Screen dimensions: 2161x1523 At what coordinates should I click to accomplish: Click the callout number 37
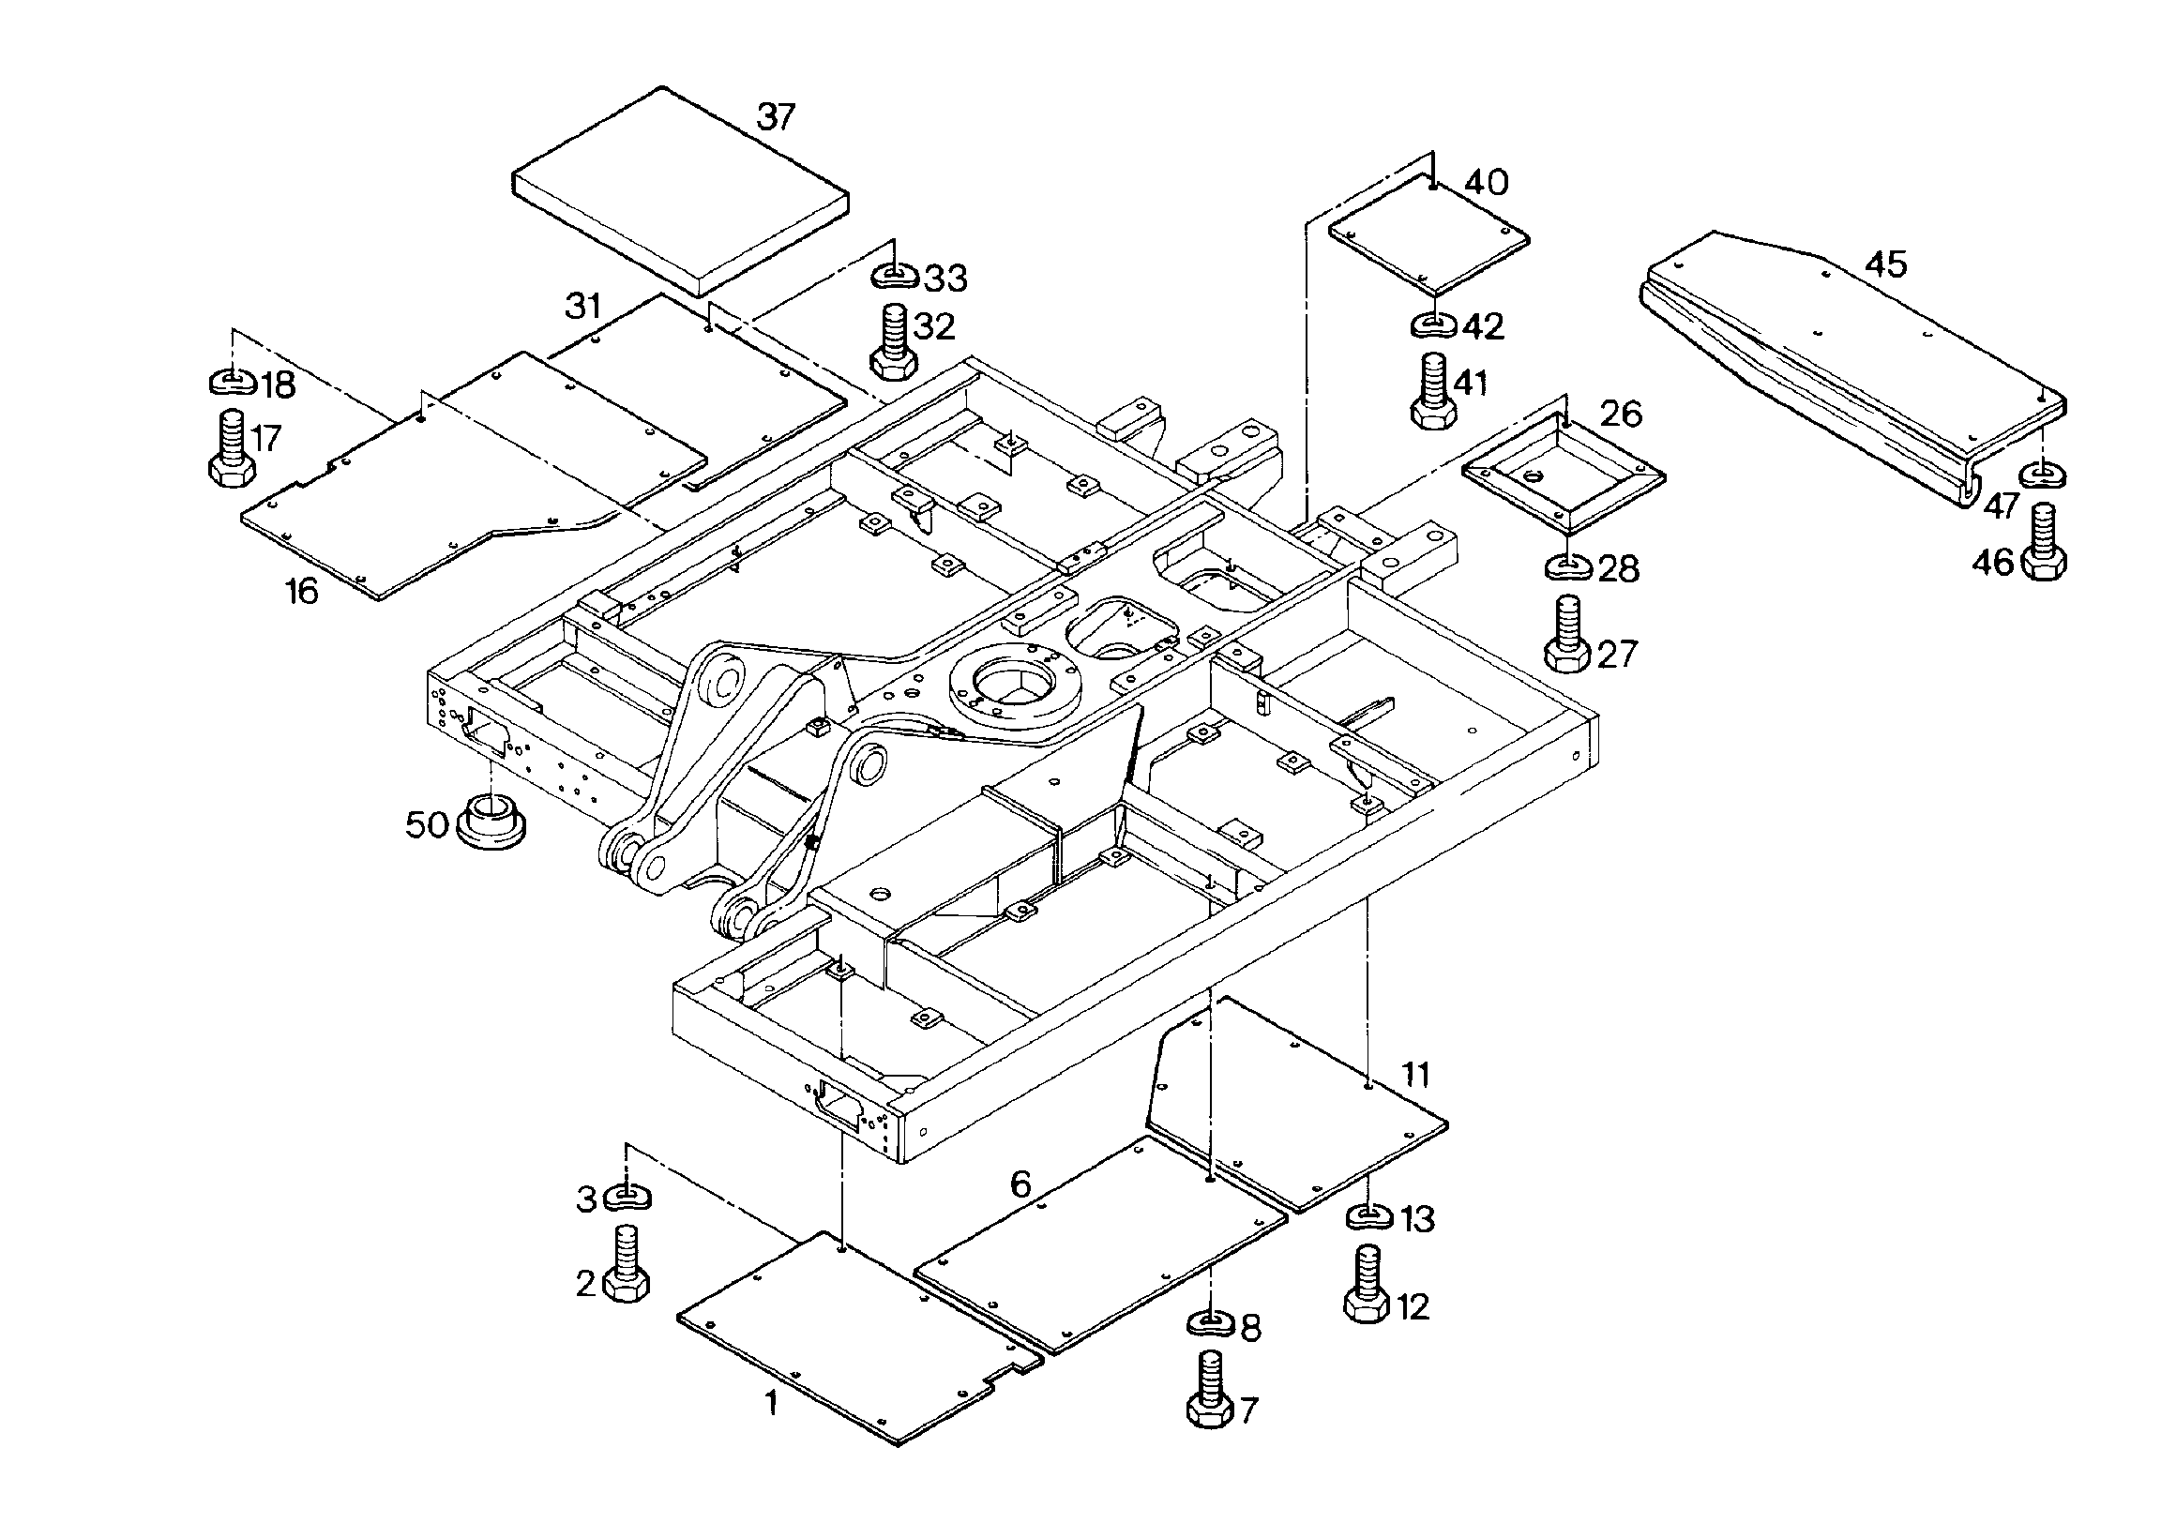coord(776,117)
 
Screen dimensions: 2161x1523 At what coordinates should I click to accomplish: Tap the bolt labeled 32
coord(891,342)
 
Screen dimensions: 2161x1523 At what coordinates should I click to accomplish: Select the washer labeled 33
coord(894,277)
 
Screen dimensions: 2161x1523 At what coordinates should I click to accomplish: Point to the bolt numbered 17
coord(229,448)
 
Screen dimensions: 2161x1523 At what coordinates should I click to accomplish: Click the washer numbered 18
coord(232,383)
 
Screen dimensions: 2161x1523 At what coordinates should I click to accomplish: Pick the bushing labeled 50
coord(491,820)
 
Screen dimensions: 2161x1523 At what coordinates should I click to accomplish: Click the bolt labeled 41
coord(1433,391)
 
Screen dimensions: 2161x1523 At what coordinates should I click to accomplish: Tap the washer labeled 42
coord(1434,325)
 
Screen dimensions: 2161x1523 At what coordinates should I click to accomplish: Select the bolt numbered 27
coord(1568,634)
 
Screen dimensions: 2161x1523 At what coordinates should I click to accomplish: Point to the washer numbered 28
coord(1569,567)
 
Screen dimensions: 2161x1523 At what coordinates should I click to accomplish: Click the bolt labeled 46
coord(2045,543)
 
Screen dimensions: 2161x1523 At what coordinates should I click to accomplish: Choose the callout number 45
coord(1886,264)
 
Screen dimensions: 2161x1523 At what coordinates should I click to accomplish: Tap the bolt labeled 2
coord(626,1263)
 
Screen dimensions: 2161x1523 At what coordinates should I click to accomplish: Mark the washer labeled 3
coord(627,1198)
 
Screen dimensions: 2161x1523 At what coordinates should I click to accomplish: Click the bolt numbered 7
coord(1210,1390)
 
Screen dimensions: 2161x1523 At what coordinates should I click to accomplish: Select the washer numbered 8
coord(1211,1323)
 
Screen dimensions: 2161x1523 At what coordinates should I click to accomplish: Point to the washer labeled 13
coord(1369,1217)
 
